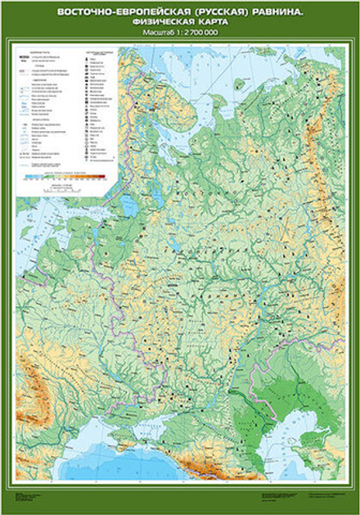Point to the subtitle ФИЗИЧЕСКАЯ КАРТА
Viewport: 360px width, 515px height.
click(x=180, y=23)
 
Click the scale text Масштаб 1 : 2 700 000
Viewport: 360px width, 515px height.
click(x=180, y=34)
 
